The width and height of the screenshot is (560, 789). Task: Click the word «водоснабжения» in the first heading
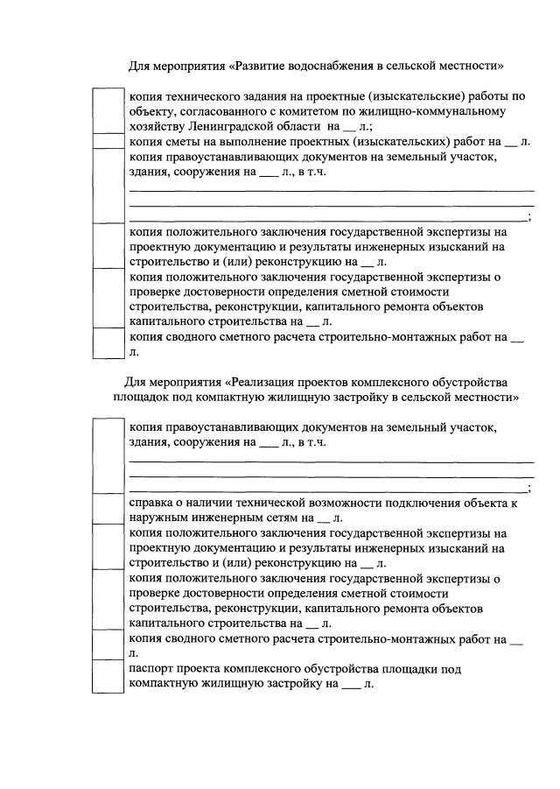pyautogui.click(x=301, y=66)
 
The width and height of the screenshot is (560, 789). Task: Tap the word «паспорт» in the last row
pyautogui.click(x=154, y=669)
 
